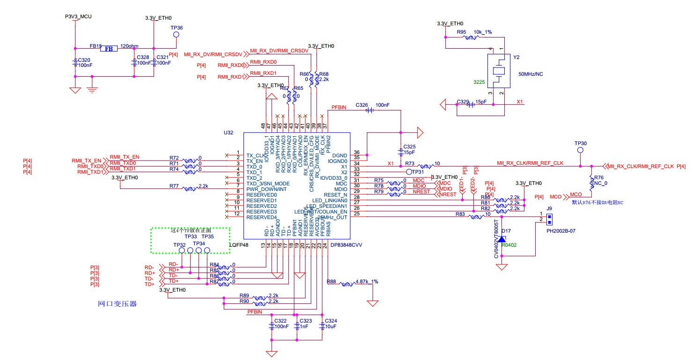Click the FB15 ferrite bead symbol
coord(108,48)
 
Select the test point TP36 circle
coord(177,34)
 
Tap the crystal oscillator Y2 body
coord(500,71)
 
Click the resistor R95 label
coord(462,32)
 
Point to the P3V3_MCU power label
coord(78,16)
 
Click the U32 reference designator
coord(228,133)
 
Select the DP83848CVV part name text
coord(346,245)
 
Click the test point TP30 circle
coord(580,150)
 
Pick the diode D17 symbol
coord(502,239)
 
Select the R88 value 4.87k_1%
coord(367,282)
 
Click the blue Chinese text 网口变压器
coord(117,304)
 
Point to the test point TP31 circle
coord(409,172)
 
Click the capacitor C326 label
coord(362,105)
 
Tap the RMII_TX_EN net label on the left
coord(86,161)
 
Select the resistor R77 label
coord(174,186)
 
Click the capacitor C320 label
coord(84,60)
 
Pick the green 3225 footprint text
coord(479,82)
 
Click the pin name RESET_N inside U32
coord(336,195)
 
